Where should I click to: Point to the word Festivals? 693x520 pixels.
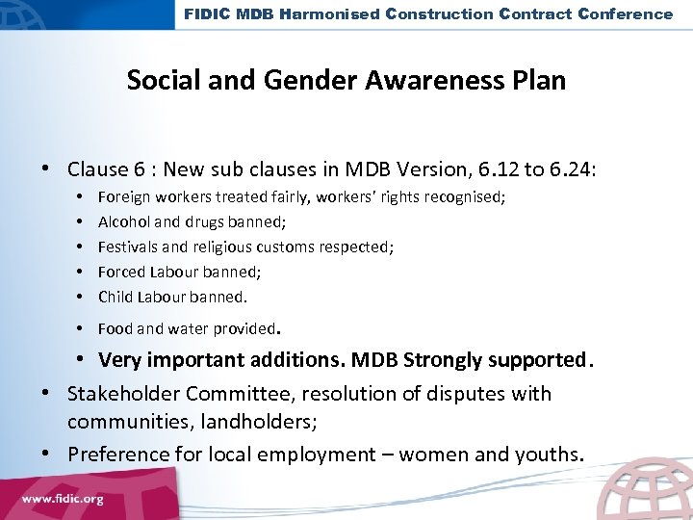pos(125,247)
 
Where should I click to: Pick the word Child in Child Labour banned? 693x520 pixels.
pos(115,297)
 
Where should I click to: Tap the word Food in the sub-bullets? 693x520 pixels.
pos(115,328)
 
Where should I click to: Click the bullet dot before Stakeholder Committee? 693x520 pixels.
pos(45,395)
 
